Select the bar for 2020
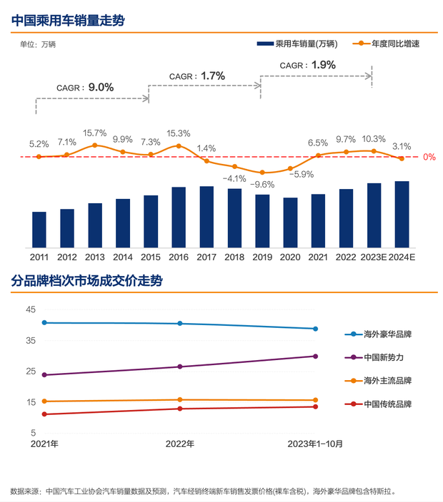(x=290, y=222)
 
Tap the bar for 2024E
(x=402, y=214)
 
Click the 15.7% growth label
(x=94, y=133)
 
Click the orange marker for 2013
(x=94, y=145)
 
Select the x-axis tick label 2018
(x=234, y=257)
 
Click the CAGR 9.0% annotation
(x=85, y=87)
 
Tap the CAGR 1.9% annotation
(x=307, y=65)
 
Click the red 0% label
(x=429, y=157)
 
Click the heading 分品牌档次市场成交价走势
(x=86, y=280)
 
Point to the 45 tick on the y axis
(x=30, y=310)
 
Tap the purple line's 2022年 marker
(x=180, y=367)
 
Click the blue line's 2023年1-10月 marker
(x=315, y=329)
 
